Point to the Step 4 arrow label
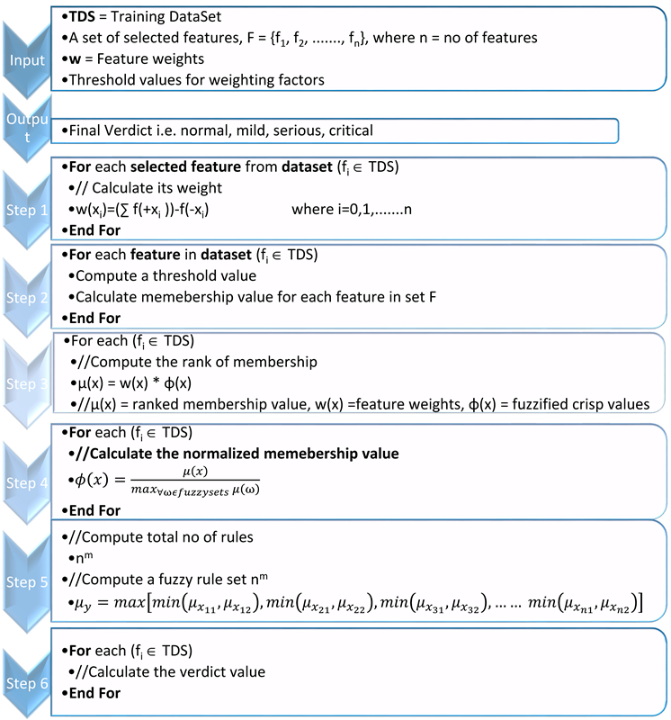point(28,481)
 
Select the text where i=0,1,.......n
point(362,209)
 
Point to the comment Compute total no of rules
point(154,536)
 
